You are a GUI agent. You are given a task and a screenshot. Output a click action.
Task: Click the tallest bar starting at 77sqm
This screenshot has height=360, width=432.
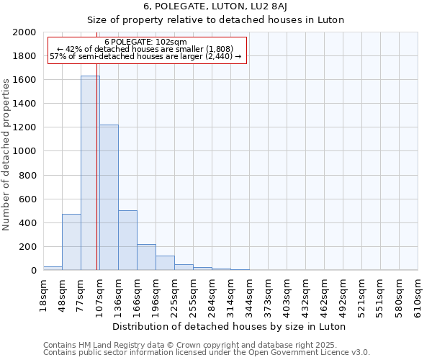(x=90, y=173)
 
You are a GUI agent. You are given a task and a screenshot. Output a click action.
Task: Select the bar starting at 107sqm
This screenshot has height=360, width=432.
(x=109, y=197)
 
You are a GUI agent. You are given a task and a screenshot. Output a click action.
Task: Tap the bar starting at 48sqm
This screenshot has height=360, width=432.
(x=71, y=242)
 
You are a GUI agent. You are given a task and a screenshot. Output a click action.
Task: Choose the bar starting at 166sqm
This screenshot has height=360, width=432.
(x=146, y=257)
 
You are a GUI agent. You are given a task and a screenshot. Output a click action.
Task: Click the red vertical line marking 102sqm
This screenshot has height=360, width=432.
(x=96, y=180)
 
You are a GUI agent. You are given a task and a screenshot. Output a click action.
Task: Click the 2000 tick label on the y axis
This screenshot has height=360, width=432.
(x=24, y=32)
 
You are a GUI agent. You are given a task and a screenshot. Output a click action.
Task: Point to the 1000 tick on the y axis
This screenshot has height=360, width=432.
(x=24, y=152)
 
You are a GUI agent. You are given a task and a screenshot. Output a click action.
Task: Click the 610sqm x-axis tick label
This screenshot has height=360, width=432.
(x=418, y=293)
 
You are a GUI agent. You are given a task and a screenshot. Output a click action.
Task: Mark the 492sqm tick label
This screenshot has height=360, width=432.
(x=343, y=293)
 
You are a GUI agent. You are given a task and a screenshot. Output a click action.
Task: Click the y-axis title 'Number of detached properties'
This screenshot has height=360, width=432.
(x=7, y=151)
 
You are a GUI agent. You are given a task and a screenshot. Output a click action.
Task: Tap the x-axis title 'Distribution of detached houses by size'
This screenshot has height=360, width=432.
(x=230, y=326)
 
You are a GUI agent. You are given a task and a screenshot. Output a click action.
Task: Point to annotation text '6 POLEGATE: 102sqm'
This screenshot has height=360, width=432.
(x=145, y=42)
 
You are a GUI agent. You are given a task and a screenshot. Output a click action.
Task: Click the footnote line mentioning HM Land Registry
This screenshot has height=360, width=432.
(x=194, y=345)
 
